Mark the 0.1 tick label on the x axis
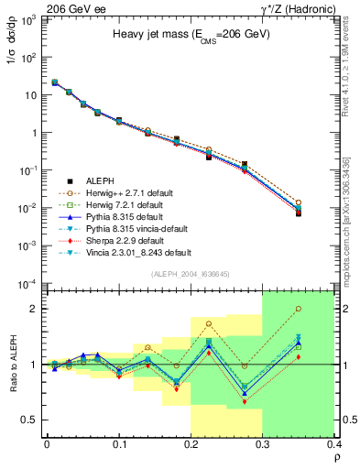119,446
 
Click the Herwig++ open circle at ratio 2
323,310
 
